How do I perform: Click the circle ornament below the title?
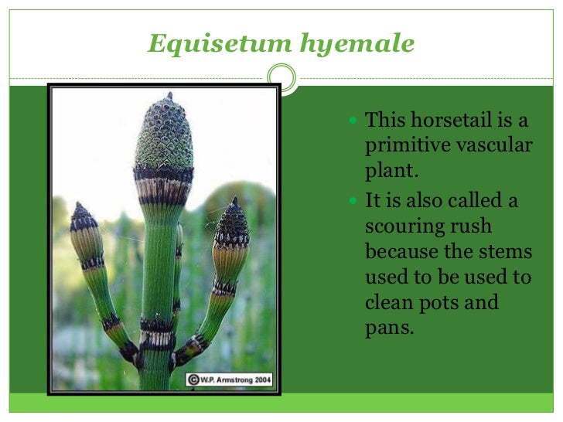[281, 77]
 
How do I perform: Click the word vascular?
[499, 145]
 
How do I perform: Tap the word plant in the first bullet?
[391, 172]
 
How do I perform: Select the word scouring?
[408, 226]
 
